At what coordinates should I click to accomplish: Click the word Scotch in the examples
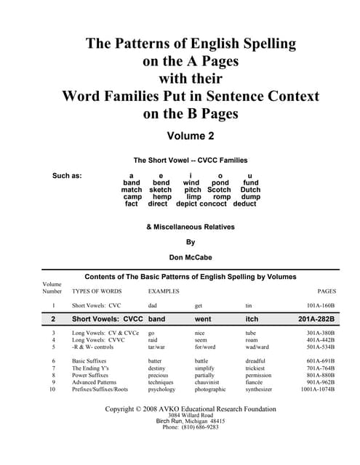tap(219, 190)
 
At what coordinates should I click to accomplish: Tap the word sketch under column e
tap(160, 190)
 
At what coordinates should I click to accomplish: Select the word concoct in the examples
tap(214, 204)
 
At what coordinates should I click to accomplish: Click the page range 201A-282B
tap(316, 318)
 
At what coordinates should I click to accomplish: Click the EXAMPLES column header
tap(164, 291)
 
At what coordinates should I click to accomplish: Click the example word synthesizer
tap(263, 389)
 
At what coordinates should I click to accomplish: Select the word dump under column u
tap(250, 197)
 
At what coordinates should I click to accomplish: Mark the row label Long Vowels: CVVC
tap(99, 339)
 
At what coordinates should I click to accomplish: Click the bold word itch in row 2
tap(252, 318)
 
